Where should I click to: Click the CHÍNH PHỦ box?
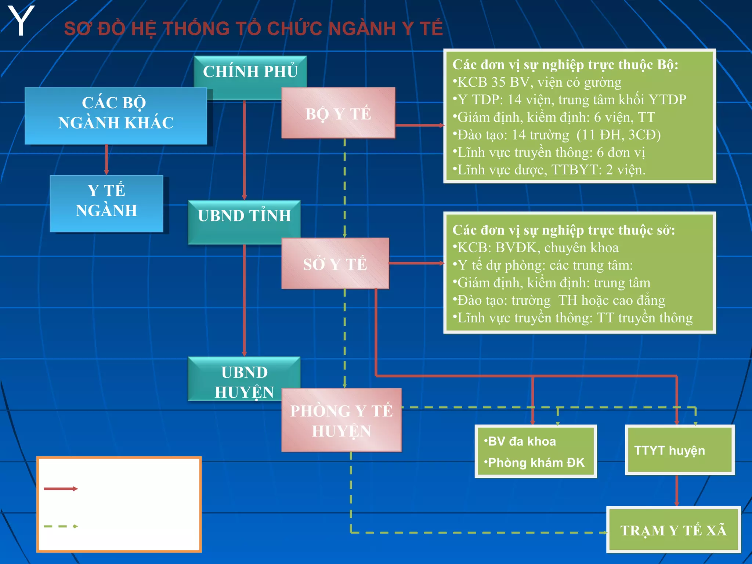point(250,71)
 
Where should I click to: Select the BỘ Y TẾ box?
point(338,113)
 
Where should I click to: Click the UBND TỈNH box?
point(244,216)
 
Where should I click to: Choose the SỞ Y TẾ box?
point(335,264)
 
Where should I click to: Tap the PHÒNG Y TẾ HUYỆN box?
point(341,420)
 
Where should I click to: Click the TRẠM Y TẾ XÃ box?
point(673,530)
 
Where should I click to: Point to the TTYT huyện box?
point(679,450)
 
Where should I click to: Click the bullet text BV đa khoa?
point(521,441)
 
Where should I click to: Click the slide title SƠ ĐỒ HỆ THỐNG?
point(253,29)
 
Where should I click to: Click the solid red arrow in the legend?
point(61,489)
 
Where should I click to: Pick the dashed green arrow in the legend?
point(61,526)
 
